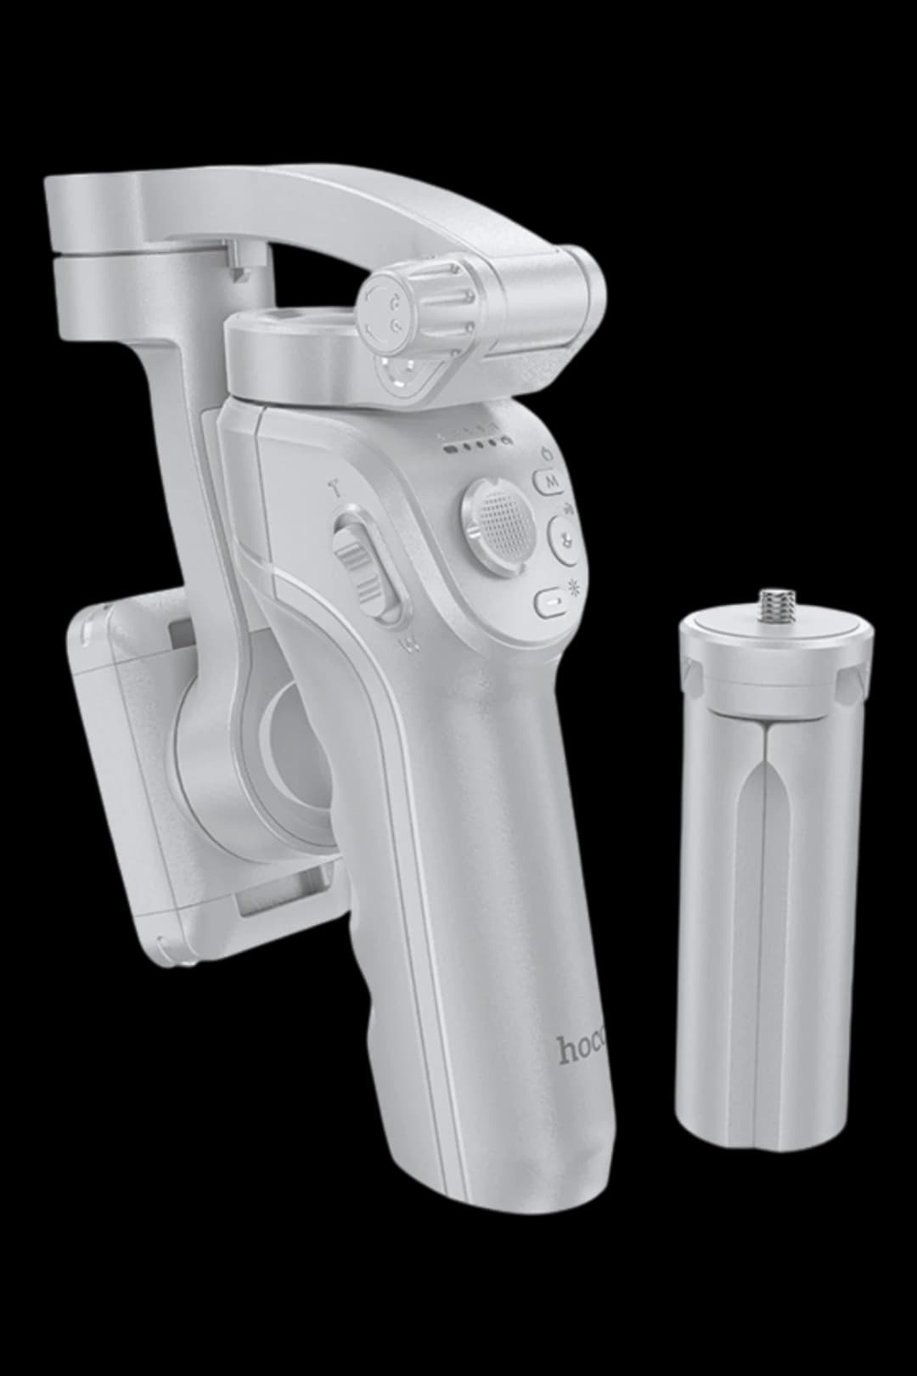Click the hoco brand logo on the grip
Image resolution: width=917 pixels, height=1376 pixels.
pyautogui.click(x=585, y=1051)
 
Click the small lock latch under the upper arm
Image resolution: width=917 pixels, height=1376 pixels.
pyautogui.click(x=240, y=259)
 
